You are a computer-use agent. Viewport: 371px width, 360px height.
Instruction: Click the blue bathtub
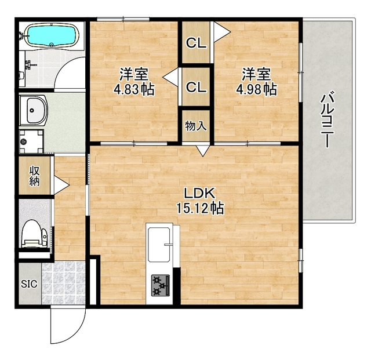coord(52,36)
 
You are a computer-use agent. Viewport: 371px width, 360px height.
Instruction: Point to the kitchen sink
coord(159,243)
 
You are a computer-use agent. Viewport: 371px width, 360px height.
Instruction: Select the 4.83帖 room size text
coord(134,90)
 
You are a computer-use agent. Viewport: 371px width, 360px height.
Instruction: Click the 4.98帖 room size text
coord(256,90)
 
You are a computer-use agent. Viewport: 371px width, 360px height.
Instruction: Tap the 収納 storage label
coord(34,174)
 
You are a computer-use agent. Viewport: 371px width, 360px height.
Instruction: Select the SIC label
coord(28,284)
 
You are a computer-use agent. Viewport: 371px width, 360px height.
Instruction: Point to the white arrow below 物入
coord(202,151)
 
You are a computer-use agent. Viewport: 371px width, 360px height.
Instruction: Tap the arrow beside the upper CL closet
coord(219,30)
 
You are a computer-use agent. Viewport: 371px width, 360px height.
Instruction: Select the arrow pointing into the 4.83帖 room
coord(170,76)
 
